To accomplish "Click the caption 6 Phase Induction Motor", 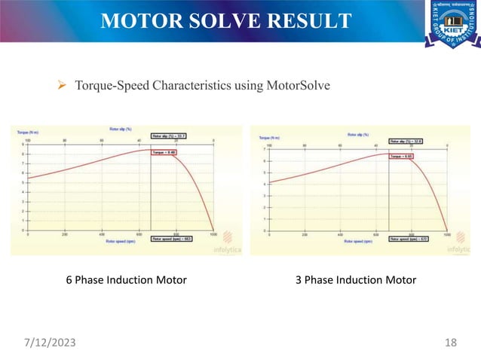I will pyautogui.click(x=126, y=280).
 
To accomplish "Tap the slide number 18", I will pyautogui.click(x=452, y=343).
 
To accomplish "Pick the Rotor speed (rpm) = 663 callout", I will pyautogui.click(x=173, y=239).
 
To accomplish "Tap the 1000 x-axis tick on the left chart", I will pyautogui.click(x=214, y=234).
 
